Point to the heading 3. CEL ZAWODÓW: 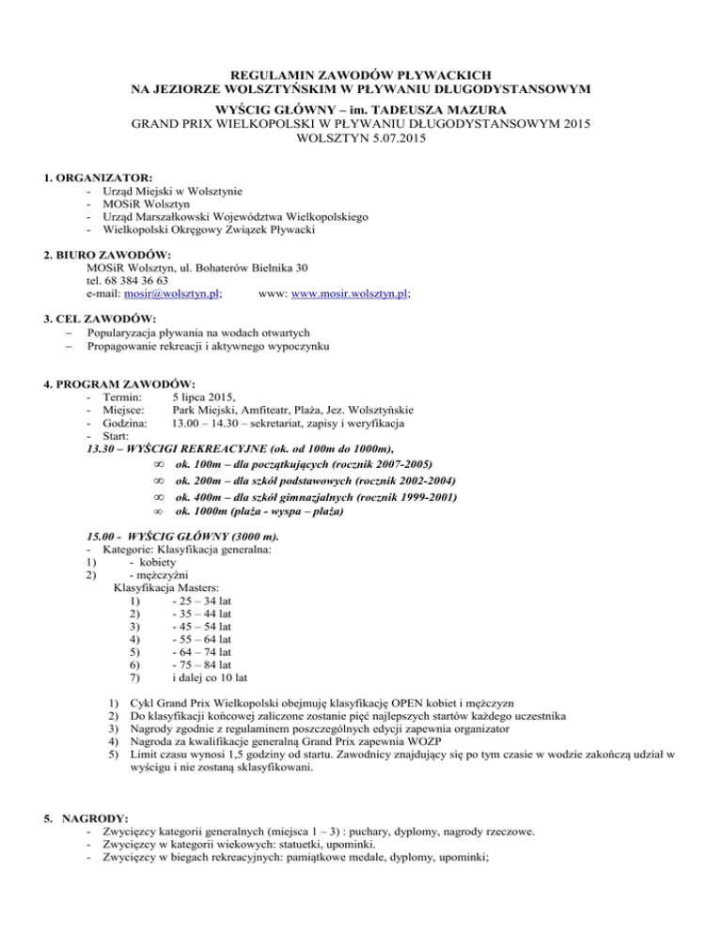click(106, 319)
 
